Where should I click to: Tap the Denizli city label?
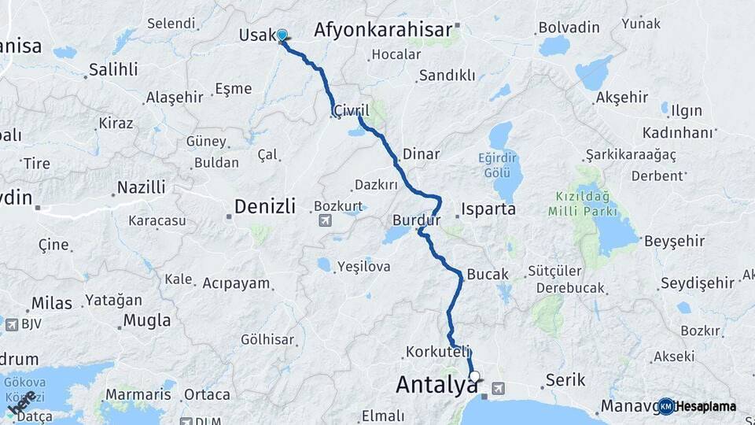pyautogui.click(x=264, y=207)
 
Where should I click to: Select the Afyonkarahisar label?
pyautogui.click(x=384, y=30)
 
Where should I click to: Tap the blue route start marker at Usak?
pyautogui.click(x=282, y=35)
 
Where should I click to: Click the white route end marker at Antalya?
pyautogui.click(x=474, y=376)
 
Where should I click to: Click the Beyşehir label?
pyautogui.click(x=672, y=241)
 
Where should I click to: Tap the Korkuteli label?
pyautogui.click(x=439, y=351)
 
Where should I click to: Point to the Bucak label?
pyautogui.click(x=488, y=274)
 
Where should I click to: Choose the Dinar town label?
pyautogui.click(x=421, y=154)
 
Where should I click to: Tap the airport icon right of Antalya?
pyautogui.click(x=499, y=388)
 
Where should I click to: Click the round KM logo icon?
pyautogui.click(x=665, y=406)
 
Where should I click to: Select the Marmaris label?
pyautogui.click(x=138, y=394)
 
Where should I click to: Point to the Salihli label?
pyautogui.click(x=113, y=69)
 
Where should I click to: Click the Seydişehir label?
pyautogui.click(x=697, y=283)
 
